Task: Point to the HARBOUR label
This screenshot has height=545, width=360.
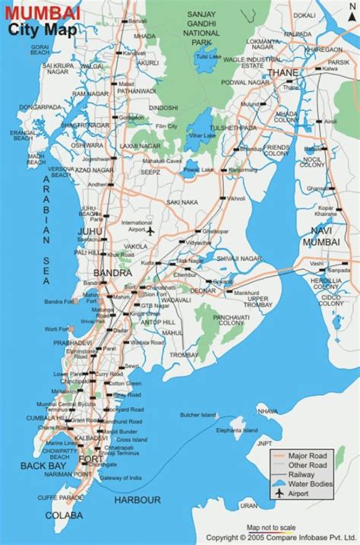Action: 137,499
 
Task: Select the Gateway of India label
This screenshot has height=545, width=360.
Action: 121,477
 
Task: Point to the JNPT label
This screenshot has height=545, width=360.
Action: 264,443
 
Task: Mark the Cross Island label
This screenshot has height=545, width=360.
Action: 132,439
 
